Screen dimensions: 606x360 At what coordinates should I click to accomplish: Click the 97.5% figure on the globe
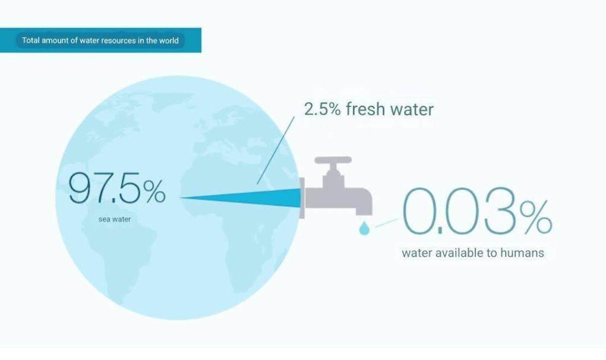[x=117, y=188]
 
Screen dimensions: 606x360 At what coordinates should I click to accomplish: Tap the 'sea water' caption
[x=115, y=219]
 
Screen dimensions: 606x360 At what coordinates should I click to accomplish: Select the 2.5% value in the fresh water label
[x=323, y=109]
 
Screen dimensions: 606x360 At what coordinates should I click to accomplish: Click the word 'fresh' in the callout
[x=365, y=109]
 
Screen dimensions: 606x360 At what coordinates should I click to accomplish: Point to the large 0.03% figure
[x=477, y=211]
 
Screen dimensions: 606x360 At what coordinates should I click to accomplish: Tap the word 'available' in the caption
[x=459, y=253]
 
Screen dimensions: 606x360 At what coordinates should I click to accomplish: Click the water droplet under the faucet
[x=364, y=228]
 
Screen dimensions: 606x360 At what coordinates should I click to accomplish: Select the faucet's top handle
[x=333, y=160]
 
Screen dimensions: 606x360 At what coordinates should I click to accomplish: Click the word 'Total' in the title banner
[x=30, y=40]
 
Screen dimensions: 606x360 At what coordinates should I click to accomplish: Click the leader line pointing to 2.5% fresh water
[x=276, y=150]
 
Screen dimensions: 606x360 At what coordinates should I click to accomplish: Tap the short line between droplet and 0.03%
[x=386, y=223]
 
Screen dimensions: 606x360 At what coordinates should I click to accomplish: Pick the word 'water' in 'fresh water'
[x=412, y=109]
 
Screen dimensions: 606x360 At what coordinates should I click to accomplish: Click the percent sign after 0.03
[x=536, y=216]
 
